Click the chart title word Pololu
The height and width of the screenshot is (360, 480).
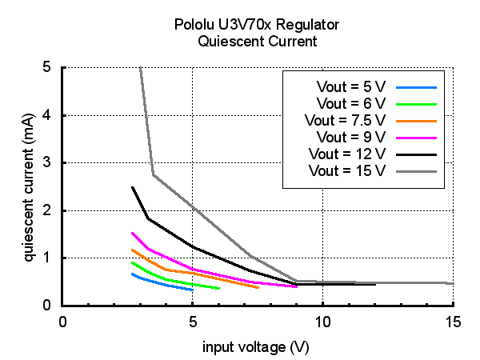tap(193, 25)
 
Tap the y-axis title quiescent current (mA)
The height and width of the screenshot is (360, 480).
tap(28, 186)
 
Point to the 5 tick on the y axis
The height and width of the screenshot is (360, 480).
tap(50, 67)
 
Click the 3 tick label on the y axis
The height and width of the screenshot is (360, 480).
tap(50, 162)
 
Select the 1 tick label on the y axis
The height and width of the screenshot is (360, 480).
tap(50, 258)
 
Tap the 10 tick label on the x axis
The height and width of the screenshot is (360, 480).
tap(323, 321)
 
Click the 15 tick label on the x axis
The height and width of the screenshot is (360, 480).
tap(453, 321)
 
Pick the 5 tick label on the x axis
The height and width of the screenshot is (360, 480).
tap(193, 321)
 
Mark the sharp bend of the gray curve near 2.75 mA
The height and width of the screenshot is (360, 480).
tap(153, 175)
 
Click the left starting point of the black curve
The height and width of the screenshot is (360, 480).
tap(133, 187)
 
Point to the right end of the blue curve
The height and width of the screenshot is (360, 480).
tap(193, 290)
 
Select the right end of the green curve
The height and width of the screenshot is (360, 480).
tap(218, 289)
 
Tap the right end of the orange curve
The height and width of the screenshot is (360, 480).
tap(258, 287)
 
